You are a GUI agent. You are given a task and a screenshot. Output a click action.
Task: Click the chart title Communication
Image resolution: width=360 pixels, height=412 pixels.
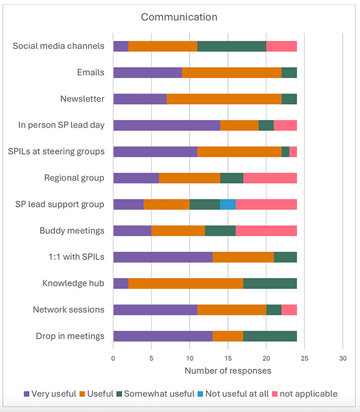click(179, 17)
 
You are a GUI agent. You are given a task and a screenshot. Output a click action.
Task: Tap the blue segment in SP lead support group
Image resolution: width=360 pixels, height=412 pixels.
click(228, 204)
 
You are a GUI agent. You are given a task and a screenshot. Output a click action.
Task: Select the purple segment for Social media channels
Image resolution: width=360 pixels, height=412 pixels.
click(120, 46)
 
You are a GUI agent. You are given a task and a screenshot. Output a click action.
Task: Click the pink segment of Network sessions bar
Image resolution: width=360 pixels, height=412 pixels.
click(289, 310)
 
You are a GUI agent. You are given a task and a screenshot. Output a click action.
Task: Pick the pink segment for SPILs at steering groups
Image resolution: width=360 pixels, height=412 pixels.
click(293, 152)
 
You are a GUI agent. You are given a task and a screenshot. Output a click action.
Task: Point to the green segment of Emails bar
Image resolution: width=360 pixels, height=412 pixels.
click(289, 72)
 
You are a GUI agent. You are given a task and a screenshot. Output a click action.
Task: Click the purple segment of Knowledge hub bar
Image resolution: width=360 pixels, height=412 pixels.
click(120, 283)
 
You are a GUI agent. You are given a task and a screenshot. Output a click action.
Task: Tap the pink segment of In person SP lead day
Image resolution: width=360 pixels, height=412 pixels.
click(285, 125)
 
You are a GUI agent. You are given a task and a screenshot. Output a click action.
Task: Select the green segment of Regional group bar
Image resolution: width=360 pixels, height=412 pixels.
click(232, 178)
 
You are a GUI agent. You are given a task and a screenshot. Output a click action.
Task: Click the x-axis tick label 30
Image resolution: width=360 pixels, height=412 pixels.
click(342, 359)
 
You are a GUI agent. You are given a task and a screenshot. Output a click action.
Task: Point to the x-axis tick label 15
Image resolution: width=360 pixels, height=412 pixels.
click(228, 359)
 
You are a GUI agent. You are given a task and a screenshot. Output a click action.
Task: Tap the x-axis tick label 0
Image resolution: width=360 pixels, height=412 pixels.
click(113, 359)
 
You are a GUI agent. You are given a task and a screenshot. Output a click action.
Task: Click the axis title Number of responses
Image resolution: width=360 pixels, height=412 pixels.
click(228, 371)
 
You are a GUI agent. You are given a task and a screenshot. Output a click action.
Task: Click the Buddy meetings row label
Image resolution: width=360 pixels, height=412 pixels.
click(72, 231)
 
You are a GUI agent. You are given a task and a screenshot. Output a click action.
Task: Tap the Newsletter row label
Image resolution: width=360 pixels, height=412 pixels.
click(82, 99)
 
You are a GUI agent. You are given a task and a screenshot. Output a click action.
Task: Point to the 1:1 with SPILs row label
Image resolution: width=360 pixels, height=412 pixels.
click(73, 257)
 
